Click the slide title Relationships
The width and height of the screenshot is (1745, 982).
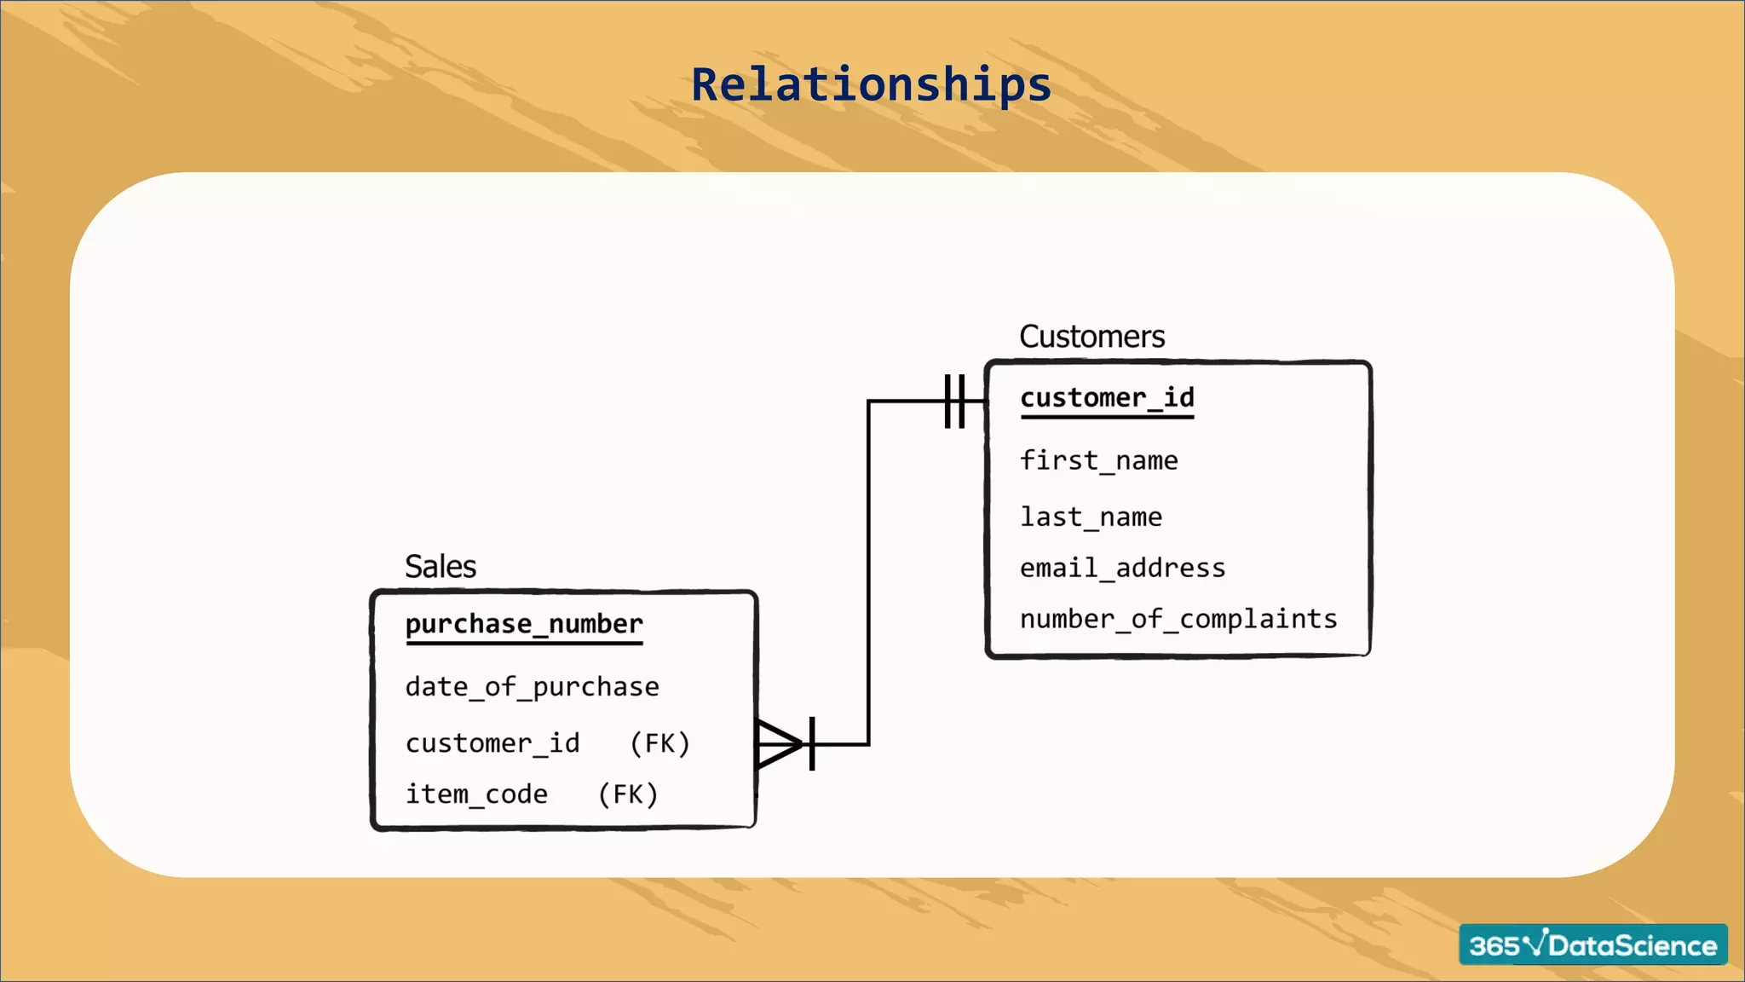coord(871,85)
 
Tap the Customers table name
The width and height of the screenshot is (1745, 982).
coord(1091,337)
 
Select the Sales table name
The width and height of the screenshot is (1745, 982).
coord(440,567)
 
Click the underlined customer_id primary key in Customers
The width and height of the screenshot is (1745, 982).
coord(1107,398)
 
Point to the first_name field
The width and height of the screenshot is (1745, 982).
coord(1098,461)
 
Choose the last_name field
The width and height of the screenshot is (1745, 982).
coord(1091,517)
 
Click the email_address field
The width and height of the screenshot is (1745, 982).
coord(1122,569)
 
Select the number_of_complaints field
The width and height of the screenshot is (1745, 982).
coord(1178,619)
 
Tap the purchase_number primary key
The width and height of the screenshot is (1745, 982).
coord(524,624)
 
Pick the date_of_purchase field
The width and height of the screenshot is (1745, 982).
coord(532,687)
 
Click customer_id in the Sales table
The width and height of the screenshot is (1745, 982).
coord(492,743)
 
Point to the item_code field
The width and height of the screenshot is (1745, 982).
coord(476,794)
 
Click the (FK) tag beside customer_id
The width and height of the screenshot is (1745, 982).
coord(659,743)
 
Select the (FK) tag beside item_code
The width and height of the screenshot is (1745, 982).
coord(628,794)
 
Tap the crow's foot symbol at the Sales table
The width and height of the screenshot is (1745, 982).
coord(777,744)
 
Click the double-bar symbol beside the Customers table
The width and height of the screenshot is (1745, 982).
coord(954,401)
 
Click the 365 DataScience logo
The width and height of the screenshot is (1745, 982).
coord(1592,944)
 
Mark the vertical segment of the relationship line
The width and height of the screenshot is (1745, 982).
coord(868,571)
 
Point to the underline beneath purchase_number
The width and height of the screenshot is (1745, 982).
coord(524,643)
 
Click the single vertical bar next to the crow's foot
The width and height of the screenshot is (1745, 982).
coord(812,744)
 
